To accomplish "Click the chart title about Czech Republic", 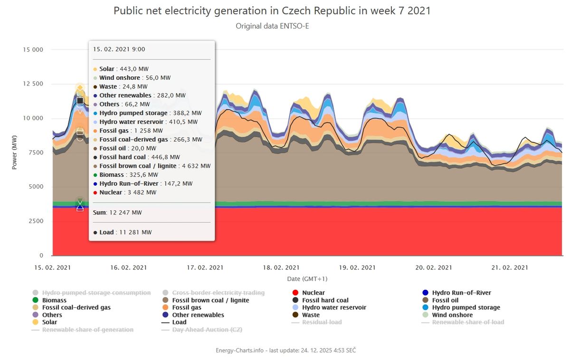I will click(272, 10).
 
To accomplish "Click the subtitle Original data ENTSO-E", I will click(272, 26).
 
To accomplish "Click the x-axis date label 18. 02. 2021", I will click(281, 268).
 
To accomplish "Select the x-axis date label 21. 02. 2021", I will click(510, 268).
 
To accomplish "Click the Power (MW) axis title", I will click(15, 152).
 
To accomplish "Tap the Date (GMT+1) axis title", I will click(307, 279).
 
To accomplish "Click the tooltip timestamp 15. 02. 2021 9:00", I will click(119, 49).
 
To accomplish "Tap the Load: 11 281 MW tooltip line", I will click(123, 232).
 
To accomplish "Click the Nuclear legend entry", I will click(313, 293).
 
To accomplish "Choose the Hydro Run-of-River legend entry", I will click(461, 293).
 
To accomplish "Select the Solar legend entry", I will click(49, 322).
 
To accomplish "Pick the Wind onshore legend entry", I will click(452, 315).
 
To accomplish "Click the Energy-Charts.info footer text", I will click(285, 350).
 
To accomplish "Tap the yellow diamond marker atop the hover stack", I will click(80, 88).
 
